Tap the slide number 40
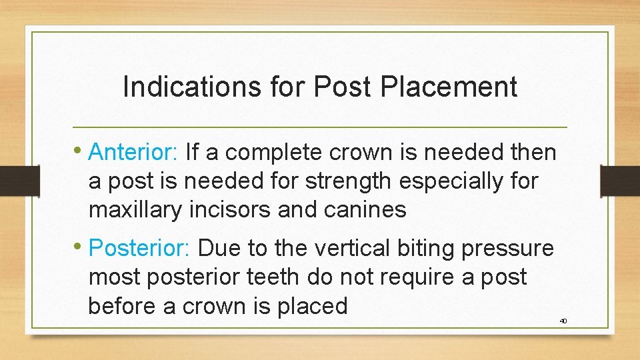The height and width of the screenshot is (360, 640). coord(563,321)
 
